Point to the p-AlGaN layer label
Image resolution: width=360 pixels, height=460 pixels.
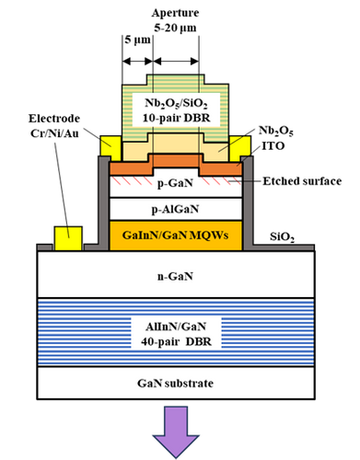point(175,208)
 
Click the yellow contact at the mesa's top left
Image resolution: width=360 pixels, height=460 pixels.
point(109,145)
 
